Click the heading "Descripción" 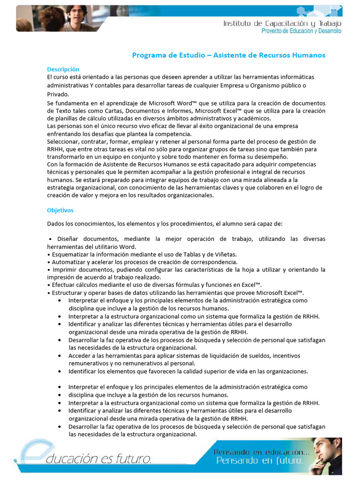pos(63,69)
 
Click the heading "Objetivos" pos(60,210)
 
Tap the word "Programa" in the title pos(149,55)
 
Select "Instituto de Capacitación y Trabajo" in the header pos(282,23)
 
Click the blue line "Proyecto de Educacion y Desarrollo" pos(301,31)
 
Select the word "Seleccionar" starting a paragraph pos(63,142)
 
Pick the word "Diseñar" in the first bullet pos(68,239)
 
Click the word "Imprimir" pos(66,270)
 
